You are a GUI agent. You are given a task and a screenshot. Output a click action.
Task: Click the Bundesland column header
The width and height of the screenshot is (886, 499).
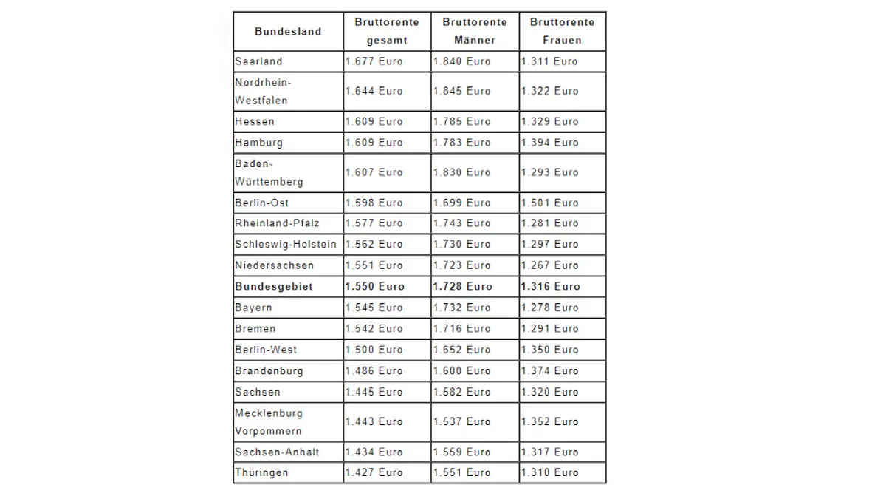tap(288, 31)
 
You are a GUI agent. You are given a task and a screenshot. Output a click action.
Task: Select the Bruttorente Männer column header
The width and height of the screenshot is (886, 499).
tap(475, 31)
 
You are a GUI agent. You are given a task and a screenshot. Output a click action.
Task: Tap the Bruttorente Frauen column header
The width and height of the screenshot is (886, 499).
tap(562, 31)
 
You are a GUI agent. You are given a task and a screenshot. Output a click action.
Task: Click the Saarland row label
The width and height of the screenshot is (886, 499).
tap(258, 61)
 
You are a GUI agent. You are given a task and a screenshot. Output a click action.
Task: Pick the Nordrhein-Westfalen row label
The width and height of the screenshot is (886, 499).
tap(262, 91)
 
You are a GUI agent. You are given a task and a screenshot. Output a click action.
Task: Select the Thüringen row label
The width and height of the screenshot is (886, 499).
tap(261, 472)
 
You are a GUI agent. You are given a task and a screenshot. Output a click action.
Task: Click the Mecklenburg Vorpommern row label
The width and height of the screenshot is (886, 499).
tap(269, 421)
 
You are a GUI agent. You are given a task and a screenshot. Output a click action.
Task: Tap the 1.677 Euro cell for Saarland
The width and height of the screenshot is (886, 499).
tap(374, 61)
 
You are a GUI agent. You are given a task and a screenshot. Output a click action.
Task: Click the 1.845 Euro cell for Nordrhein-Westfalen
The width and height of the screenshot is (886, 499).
tap(462, 91)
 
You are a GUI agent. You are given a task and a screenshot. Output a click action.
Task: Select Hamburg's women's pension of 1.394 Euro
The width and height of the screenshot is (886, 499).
tap(550, 142)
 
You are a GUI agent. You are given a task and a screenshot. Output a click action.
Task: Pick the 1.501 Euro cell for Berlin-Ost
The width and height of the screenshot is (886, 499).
tap(550, 203)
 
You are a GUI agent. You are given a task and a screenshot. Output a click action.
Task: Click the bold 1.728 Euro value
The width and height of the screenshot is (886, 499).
tap(463, 286)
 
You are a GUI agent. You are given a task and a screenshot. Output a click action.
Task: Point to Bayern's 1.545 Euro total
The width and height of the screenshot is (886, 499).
tap(374, 308)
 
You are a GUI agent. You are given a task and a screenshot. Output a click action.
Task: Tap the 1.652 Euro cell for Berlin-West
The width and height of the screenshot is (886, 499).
tap(462, 350)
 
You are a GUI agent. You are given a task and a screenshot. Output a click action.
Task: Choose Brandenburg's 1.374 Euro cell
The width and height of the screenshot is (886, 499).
tap(550, 370)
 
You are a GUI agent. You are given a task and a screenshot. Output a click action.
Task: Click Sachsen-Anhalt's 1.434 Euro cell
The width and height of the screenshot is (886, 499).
tap(374, 452)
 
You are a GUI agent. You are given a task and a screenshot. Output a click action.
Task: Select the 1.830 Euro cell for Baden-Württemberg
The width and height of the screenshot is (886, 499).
tap(462, 172)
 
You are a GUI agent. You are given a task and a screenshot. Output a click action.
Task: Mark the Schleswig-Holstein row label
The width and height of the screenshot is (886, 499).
tap(286, 244)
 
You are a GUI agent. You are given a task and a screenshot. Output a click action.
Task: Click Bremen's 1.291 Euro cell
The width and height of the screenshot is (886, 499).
tap(550, 328)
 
